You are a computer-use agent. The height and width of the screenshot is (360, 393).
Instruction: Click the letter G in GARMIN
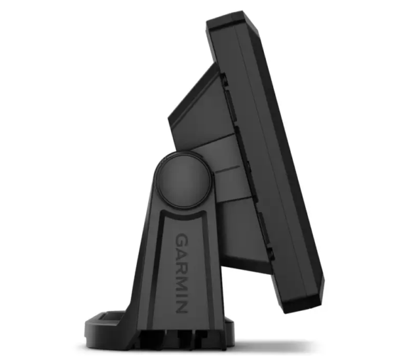[183, 240]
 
